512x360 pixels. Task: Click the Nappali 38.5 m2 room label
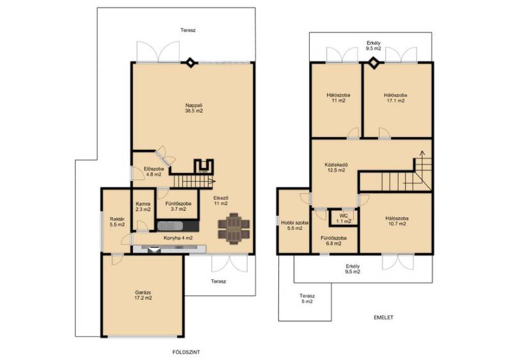pyautogui.click(x=194, y=108)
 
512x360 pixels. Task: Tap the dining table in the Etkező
pyautogui.click(x=234, y=229)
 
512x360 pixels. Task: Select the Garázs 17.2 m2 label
pyautogui.click(x=143, y=295)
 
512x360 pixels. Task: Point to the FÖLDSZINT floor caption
pyautogui.click(x=186, y=352)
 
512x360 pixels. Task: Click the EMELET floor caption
pyautogui.click(x=383, y=317)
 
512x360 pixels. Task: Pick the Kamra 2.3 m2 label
pyautogui.click(x=143, y=206)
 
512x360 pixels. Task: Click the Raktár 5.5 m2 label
pyautogui.click(x=117, y=222)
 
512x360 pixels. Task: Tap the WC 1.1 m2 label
pyautogui.click(x=344, y=218)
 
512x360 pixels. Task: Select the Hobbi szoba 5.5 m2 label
pyautogui.click(x=294, y=225)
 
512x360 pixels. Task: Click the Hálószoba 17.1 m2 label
pyautogui.click(x=396, y=98)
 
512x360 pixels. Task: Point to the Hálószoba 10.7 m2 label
pyautogui.click(x=397, y=221)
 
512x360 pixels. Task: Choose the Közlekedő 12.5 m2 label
pyautogui.click(x=336, y=167)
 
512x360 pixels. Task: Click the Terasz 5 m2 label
pyautogui.click(x=307, y=299)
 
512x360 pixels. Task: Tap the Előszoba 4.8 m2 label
pyautogui.click(x=154, y=172)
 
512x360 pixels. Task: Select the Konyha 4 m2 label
pyautogui.click(x=178, y=238)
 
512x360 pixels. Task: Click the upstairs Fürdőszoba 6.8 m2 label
pyautogui.click(x=333, y=241)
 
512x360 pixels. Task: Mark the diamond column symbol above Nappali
pyautogui.click(x=190, y=62)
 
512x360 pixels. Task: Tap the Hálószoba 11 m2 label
pyautogui.click(x=339, y=98)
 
